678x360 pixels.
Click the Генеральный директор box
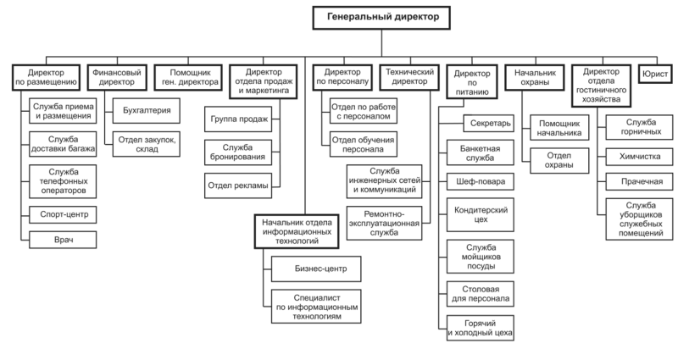(383, 17)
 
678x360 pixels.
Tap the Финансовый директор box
(116, 78)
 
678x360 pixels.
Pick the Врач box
(60, 241)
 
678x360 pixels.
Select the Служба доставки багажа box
(60, 143)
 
